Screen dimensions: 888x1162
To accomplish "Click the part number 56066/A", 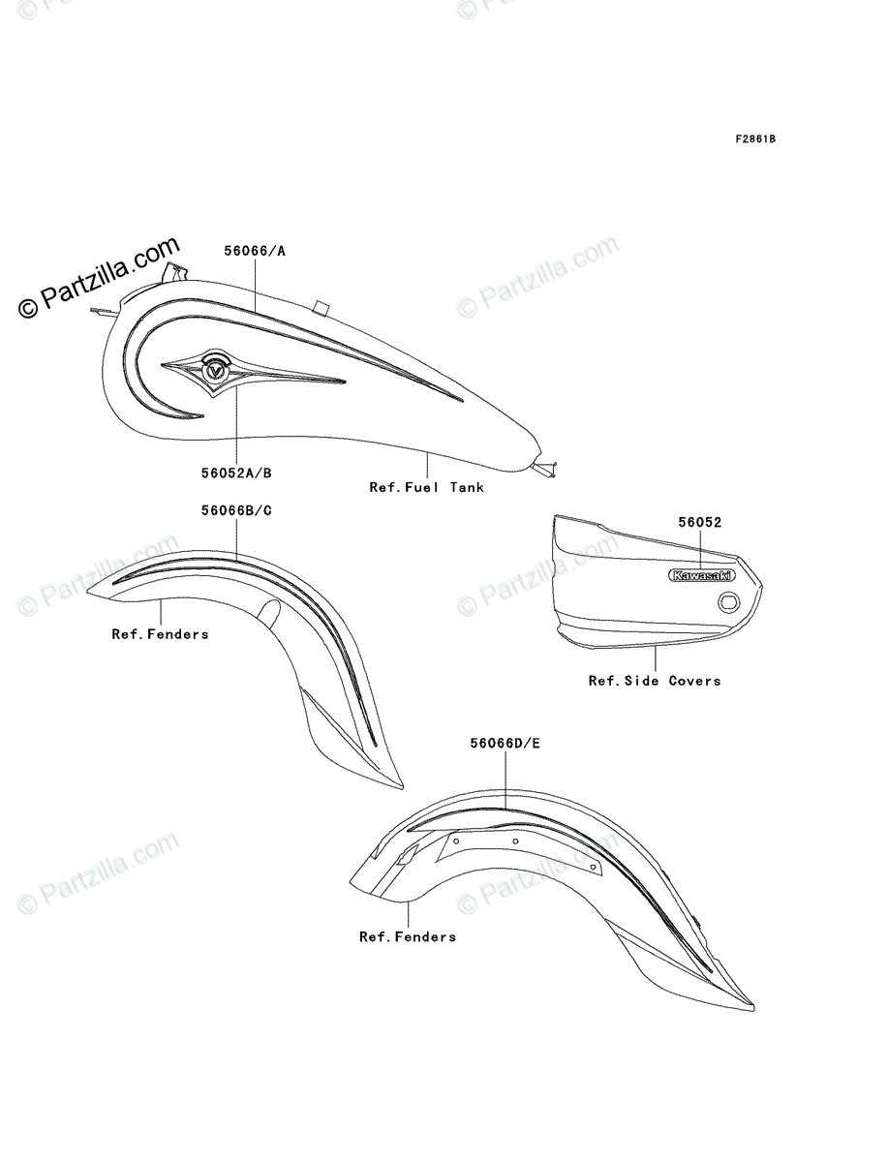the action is point(255,251).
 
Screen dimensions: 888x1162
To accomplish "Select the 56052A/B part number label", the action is point(236,474).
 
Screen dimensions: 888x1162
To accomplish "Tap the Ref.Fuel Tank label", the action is point(426,487).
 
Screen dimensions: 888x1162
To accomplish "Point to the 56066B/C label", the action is point(236,511).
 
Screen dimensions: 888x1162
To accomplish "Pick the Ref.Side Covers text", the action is point(655,681).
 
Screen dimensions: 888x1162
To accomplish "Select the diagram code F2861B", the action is point(754,138).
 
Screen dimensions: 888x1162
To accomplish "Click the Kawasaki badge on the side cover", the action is point(701,575).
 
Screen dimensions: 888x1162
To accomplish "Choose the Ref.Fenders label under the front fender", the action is point(160,634).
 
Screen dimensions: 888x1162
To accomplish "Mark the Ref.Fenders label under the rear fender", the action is point(408,936).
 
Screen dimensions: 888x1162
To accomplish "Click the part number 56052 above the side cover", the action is point(701,522).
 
